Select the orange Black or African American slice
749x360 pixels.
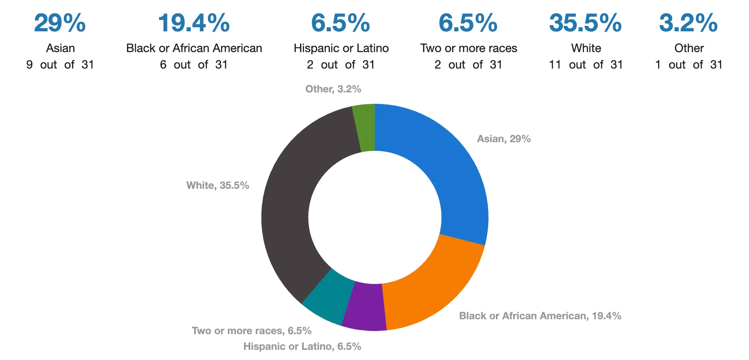pos(431,290)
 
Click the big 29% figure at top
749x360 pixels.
pos(60,23)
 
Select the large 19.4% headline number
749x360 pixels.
pos(194,23)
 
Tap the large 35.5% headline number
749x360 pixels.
pos(585,23)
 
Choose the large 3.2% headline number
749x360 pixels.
pos(688,23)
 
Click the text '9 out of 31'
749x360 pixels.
pos(60,65)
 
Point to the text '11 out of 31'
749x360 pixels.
pos(586,65)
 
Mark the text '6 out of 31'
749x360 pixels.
pos(194,65)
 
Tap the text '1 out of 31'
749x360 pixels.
pos(689,65)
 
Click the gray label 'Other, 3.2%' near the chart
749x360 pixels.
pos(333,89)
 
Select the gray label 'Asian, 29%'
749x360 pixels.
pos(503,139)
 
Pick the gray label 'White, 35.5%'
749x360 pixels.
pos(218,185)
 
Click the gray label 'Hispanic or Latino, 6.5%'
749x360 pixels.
pos(302,346)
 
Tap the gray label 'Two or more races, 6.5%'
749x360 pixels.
pos(251,331)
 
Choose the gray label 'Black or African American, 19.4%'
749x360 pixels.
pos(540,316)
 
